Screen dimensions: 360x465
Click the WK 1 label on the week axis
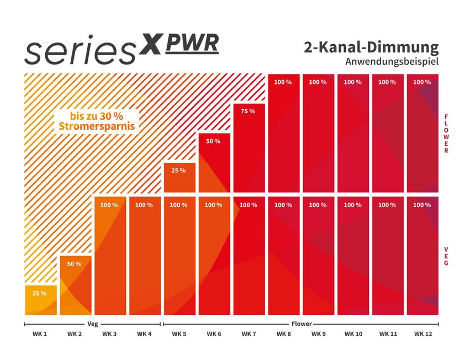click(39, 334)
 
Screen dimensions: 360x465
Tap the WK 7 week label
click(249, 334)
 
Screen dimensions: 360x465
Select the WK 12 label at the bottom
click(423, 334)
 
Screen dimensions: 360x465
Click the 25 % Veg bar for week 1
click(40, 300)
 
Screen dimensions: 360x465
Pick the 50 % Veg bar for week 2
click(75, 284)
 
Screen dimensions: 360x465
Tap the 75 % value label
click(248, 112)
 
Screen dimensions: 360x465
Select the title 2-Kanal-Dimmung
click(371, 47)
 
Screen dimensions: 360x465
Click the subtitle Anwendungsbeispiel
click(392, 62)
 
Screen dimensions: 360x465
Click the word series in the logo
click(80, 51)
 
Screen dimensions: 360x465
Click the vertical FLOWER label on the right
click(446, 134)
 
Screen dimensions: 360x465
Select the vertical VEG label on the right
click(446, 256)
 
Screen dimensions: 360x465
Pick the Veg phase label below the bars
click(93, 324)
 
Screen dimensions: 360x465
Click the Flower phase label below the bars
click(302, 324)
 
